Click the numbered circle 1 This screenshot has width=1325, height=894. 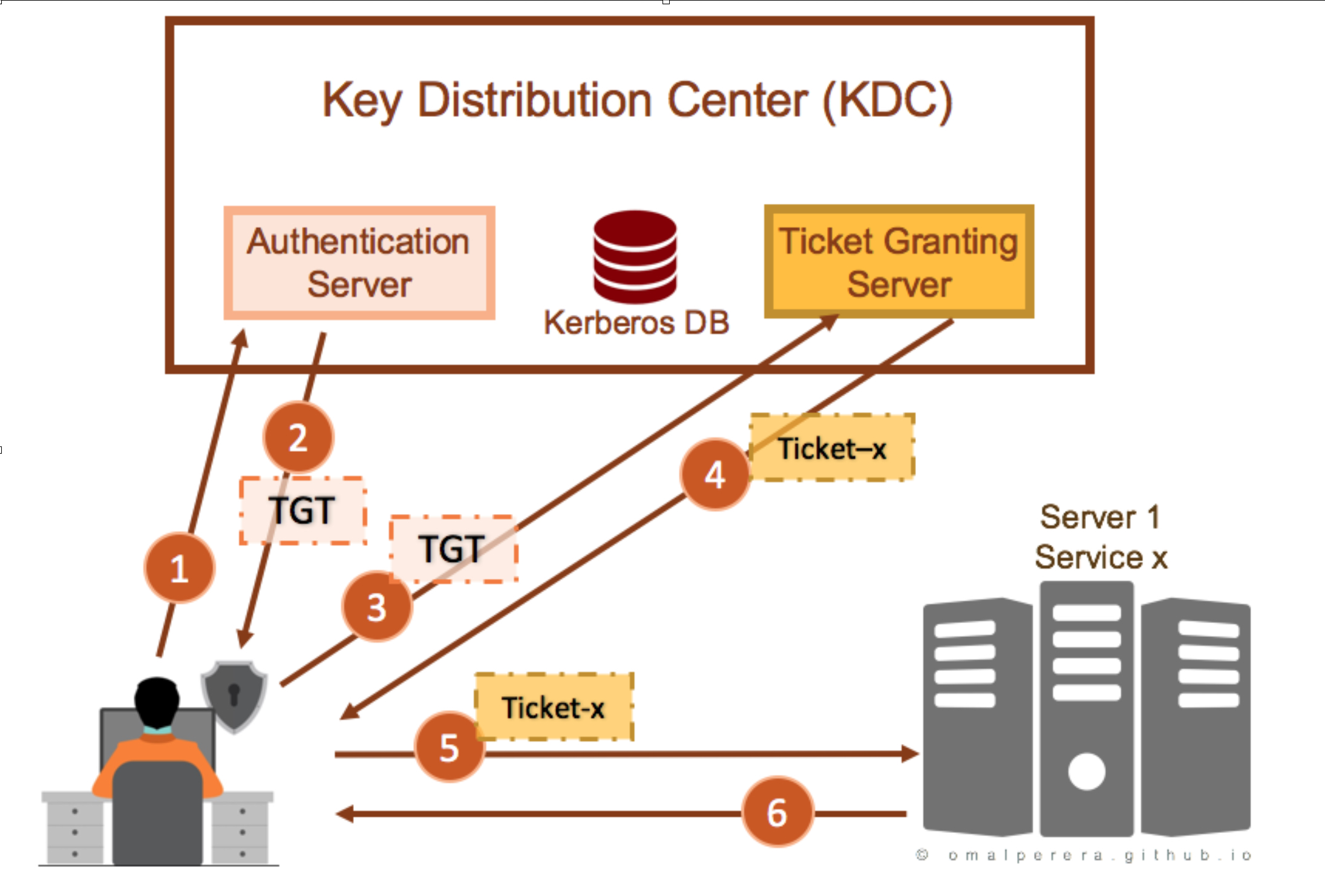(179, 568)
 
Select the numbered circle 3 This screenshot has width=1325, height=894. (377, 606)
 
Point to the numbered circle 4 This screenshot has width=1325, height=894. (715, 474)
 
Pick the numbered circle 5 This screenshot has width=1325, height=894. (450, 746)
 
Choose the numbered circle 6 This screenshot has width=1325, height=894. (777, 812)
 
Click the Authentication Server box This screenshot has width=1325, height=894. (359, 263)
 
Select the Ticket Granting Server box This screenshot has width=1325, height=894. (899, 261)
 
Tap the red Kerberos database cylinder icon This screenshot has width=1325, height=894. (635, 256)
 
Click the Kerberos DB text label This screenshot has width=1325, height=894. (636, 322)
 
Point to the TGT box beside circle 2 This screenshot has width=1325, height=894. (303, 511)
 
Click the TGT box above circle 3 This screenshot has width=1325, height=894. (453, 549)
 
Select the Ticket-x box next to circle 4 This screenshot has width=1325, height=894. (833, 448)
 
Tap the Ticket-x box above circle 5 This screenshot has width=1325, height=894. (554, 706)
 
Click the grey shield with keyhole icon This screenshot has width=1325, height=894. (234, 696)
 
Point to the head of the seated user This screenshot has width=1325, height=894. (157, 702)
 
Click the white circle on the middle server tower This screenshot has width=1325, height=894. (1087, 771)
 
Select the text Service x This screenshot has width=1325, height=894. (1101, 556)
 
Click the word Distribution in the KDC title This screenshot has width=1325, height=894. (535, 100)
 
